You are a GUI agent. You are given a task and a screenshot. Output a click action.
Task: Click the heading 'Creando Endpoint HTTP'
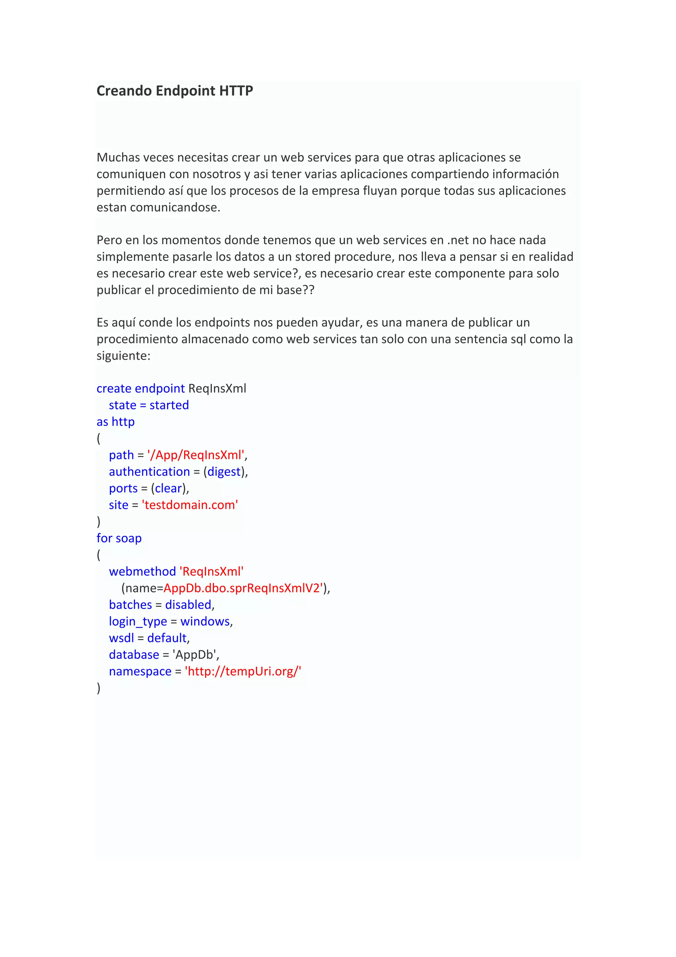(175, 91)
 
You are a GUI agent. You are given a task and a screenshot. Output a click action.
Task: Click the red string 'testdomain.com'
(190, 505)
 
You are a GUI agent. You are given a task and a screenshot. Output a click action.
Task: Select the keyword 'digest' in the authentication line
(224, 472)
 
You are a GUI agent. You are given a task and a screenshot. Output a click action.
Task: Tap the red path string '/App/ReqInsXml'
(196, 455)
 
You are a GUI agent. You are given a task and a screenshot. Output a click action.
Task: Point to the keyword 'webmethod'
(143, 571)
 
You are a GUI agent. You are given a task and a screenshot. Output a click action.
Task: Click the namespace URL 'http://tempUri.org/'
(243, 671)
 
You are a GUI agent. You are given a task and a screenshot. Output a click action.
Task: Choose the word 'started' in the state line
(169, 405)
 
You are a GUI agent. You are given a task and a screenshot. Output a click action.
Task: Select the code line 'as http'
(116, 422)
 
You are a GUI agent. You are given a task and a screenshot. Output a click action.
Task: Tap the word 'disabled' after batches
(188, 605)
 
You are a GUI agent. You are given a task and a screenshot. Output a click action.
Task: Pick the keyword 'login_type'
(138, 621)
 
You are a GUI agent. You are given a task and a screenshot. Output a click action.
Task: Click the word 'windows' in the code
(205, 621)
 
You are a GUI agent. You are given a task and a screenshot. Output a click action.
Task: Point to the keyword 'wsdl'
(121, 638)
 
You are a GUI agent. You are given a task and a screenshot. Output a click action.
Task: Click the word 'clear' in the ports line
(169, 488)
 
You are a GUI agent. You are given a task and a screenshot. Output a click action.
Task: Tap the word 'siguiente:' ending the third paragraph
(123, 356)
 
